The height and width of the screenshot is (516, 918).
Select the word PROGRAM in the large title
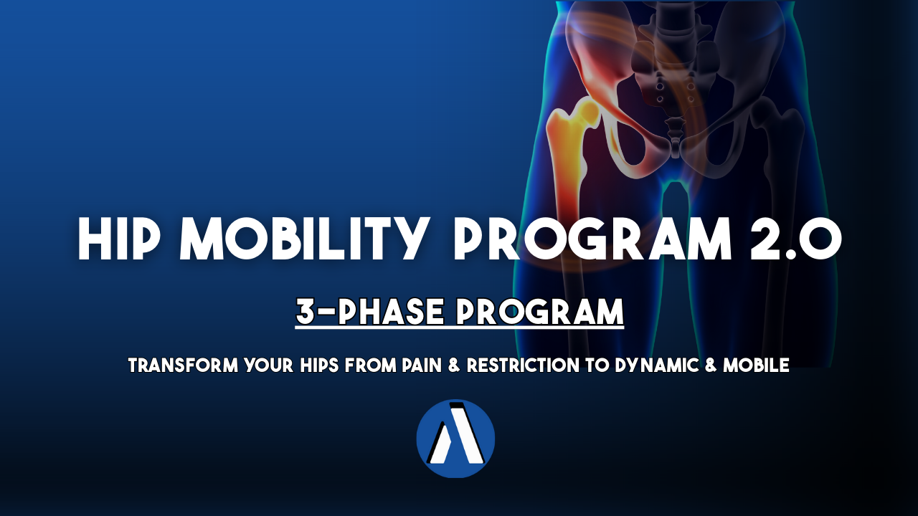point(592,239)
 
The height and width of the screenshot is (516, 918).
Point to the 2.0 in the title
point(796,239)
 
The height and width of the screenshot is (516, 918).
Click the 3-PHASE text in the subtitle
point(369,312)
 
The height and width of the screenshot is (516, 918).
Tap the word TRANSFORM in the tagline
point(183,365)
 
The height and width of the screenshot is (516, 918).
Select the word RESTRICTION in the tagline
point(523,365)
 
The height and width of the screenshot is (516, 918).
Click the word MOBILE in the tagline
point(756,365)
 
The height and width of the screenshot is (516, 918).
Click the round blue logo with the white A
point(455,439)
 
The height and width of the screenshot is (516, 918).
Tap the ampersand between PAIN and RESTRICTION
point(455,365)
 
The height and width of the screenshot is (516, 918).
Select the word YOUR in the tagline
point(269,365)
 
